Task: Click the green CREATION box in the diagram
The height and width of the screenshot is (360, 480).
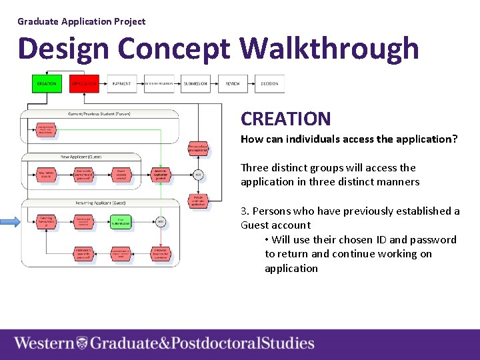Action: [47, 84]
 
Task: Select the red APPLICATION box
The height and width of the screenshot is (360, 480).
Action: [84, 84]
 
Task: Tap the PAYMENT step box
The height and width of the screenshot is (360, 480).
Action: [121, 84]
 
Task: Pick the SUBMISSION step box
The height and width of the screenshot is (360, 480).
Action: [195, 84]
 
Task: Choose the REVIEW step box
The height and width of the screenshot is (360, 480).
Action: [233, 84]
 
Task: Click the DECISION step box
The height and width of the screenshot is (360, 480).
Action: [269, 84]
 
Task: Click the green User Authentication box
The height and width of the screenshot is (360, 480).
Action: [123, 221]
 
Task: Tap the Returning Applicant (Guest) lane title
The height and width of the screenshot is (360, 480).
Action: [100, 203]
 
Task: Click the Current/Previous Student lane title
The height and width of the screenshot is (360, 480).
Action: [100, 114]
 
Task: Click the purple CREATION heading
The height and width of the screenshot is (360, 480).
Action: [285, 119]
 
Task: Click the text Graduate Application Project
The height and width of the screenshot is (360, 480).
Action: [81, 21]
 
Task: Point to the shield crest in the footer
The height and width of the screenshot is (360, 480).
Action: [82, 343]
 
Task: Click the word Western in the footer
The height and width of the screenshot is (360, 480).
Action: [44, 343]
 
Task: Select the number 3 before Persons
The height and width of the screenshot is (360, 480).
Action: [243, 211]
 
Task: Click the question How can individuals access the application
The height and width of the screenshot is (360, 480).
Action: [349, 139]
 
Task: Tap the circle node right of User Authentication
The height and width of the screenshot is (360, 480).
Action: [161, 221]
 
